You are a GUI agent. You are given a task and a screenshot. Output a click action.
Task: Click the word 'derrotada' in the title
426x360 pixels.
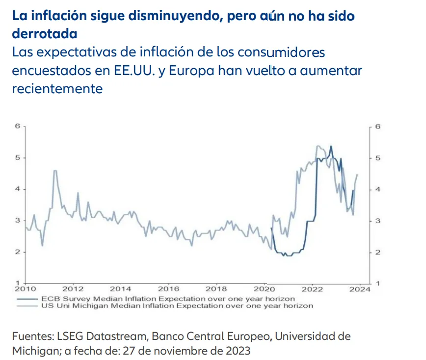click(x=45, y=34)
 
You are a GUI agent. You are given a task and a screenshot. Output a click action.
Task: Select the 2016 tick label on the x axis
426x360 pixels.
click(x=169, y=289)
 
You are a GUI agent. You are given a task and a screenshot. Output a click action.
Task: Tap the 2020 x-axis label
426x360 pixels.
click(x=264, y=289)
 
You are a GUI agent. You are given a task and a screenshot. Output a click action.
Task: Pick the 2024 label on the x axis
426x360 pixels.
click(x=360, y=289)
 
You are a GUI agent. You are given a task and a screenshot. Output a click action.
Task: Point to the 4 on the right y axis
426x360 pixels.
click(x=378, y=189)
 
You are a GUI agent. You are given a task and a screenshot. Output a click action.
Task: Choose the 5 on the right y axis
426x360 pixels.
click(x=378, y=158)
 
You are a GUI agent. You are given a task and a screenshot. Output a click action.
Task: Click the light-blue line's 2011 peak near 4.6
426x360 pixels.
click(x=55, y=171)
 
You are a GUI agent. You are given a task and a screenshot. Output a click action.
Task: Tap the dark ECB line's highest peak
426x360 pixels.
click(x=331, y=146)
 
